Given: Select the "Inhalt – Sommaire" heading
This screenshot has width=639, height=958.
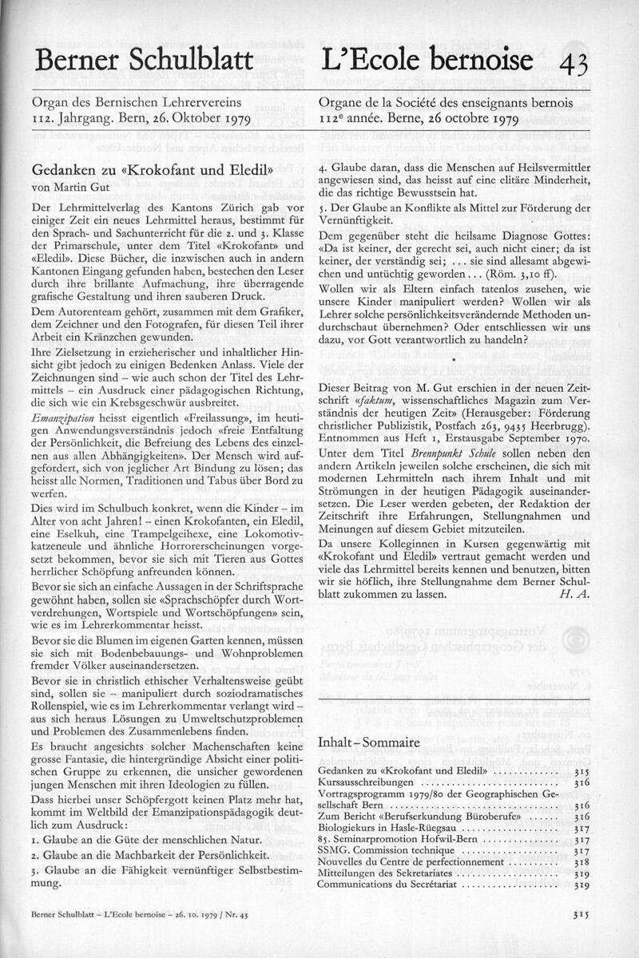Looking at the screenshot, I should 368,742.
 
